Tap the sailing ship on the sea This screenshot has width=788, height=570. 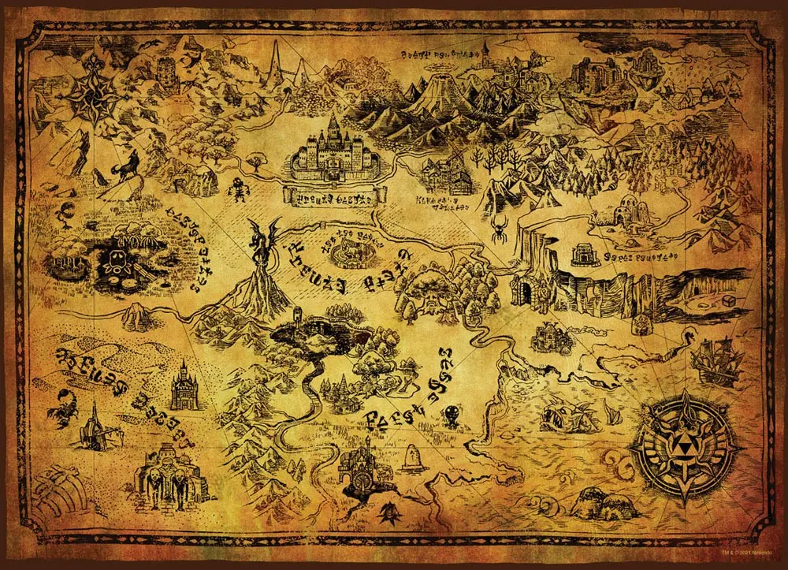coord(718,362)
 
